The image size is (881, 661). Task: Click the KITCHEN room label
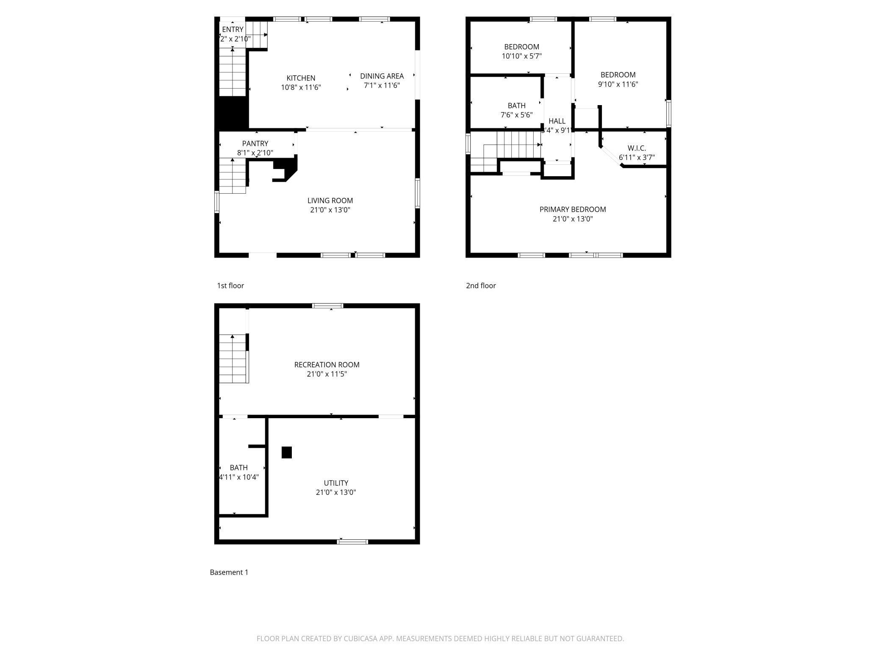point(301,78)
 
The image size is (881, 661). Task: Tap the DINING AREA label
point(382,76)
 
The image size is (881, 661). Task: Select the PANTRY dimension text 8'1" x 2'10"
point(255,153)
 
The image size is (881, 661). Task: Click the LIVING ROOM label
point(330,200)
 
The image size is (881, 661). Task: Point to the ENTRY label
point(233,29)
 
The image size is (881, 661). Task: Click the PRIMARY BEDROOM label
point(572,209)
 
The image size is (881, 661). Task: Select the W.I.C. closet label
point(636,148)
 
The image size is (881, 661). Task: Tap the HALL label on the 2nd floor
point(557,121)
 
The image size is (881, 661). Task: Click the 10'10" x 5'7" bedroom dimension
point(521,56)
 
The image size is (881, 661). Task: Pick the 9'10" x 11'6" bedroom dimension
point(618,84)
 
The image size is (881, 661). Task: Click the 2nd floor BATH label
point(516,106)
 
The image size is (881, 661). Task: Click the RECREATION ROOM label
point(327,364)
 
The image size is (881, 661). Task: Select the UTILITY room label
point(336,483)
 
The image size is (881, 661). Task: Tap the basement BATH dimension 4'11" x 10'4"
point(238,477)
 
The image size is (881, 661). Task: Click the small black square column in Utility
point(287,453)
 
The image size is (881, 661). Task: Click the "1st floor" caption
point(230,286)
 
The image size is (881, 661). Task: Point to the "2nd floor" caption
point(481,286)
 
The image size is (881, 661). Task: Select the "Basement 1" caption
point(229,572)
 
